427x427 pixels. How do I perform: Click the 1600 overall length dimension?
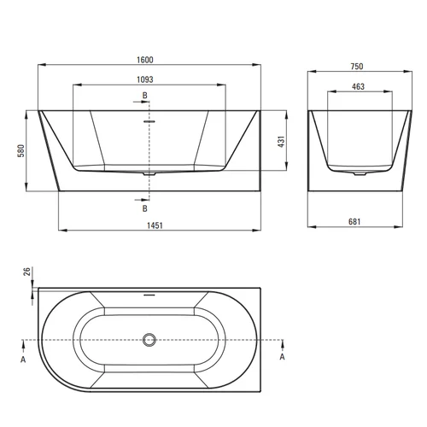pos(145,60)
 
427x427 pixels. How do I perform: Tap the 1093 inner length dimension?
pos(145,79)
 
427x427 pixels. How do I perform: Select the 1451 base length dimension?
pos(155,225)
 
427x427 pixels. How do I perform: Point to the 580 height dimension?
pos(21,151)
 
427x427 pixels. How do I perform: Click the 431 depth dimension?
pos(281,142)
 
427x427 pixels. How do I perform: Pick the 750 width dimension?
pos(357,67)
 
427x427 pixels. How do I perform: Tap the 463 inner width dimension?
pos(358,86)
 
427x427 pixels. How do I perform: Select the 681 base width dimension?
pos(354,221)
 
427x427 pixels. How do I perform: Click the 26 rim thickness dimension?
pos(27,272)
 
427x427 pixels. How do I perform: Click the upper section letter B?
pos(145,96)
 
